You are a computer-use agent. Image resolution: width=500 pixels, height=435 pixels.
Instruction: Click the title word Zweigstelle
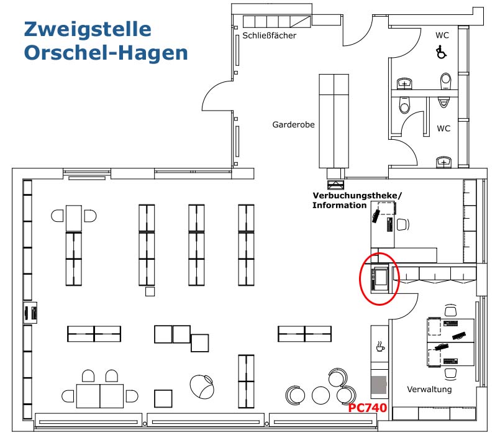[88, 29]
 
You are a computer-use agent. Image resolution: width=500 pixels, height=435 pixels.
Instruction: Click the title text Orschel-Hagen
[106, 53]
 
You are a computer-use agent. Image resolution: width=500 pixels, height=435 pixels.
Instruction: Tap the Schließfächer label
[270, 35]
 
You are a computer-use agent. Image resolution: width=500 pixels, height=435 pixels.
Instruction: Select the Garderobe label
[293, 124]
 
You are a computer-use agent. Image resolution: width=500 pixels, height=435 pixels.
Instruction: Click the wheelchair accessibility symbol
[442, 52]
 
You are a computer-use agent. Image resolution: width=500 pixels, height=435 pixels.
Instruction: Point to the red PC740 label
[367, 408]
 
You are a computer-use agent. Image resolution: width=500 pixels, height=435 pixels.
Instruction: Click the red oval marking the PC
[380, 279]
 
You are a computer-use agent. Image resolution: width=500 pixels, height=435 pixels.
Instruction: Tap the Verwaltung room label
[429, 390]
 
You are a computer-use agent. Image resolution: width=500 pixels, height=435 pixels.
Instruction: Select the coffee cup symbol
[379, 346]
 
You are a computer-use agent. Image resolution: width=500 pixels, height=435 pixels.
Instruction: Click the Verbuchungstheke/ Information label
[357, 200]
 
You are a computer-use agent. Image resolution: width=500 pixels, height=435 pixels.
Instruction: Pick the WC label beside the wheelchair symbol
[442, 35]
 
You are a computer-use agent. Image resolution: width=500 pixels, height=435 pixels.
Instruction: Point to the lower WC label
[443, 129]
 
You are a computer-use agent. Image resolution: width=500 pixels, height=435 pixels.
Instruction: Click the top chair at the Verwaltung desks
[450, 310]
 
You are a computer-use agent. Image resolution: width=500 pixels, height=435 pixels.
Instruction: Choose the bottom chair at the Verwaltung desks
[450, 373]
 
